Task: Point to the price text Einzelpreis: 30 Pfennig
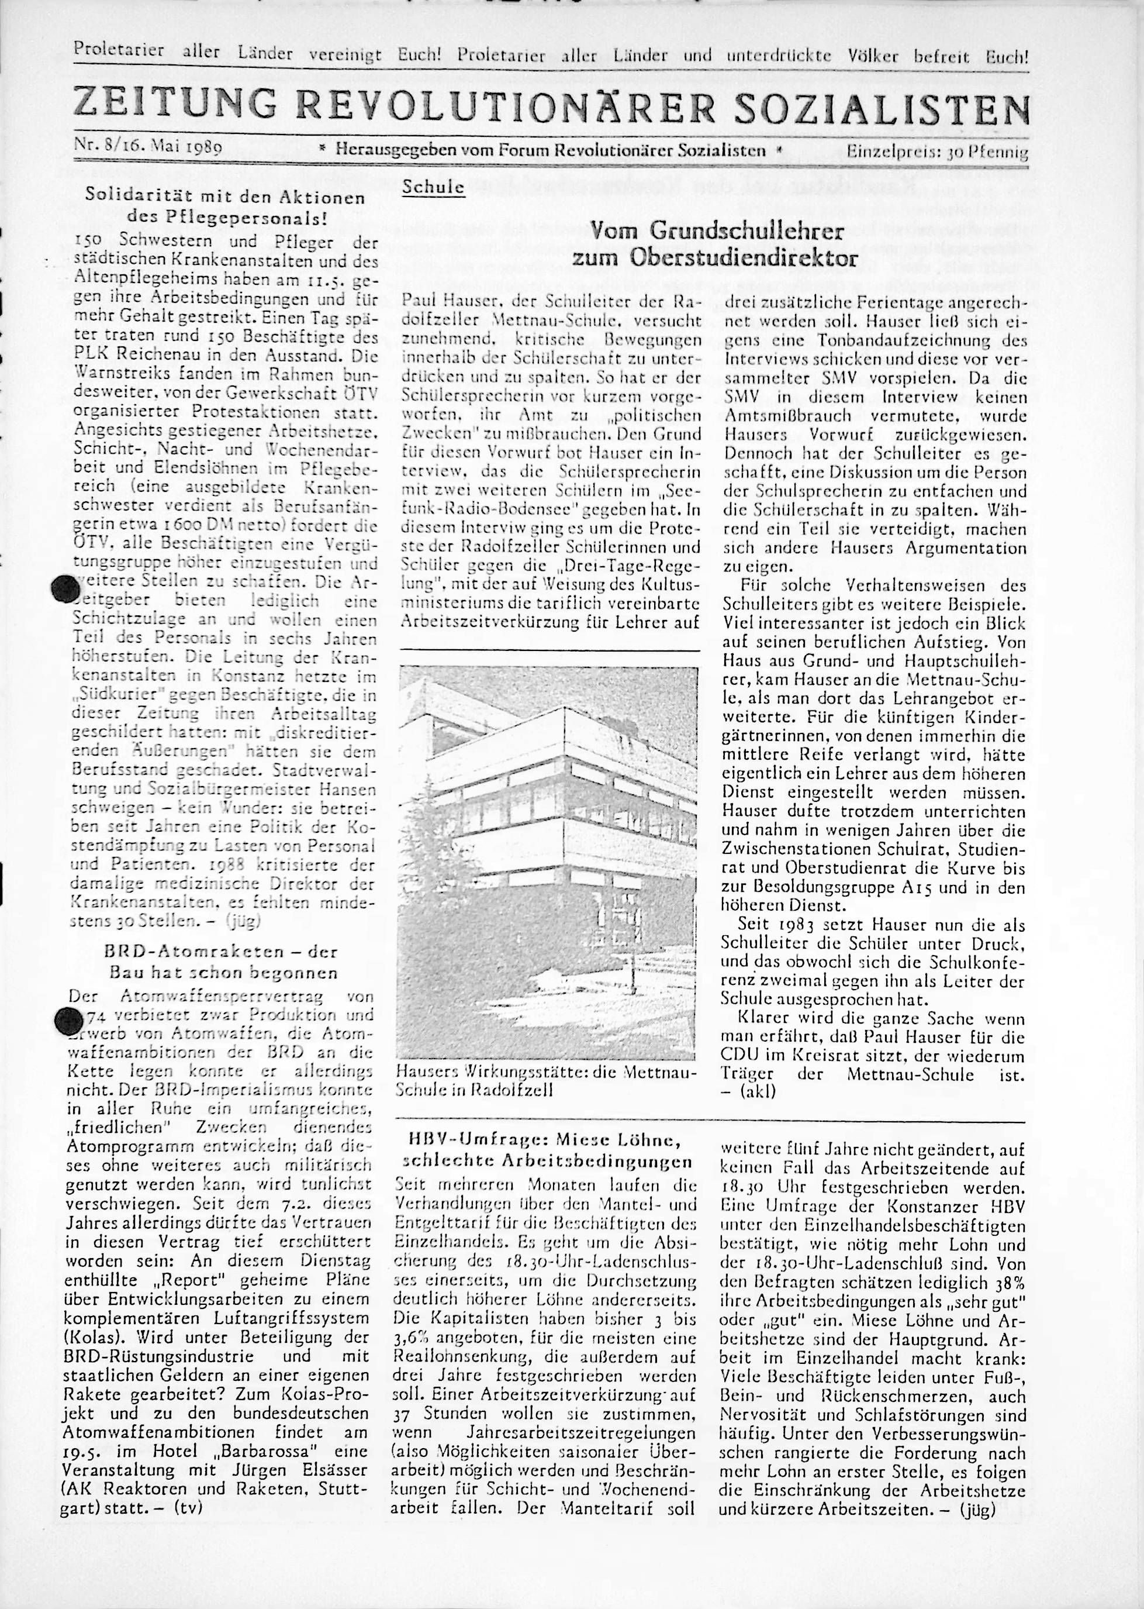(937, 151)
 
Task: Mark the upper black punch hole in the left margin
(66, 588)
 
